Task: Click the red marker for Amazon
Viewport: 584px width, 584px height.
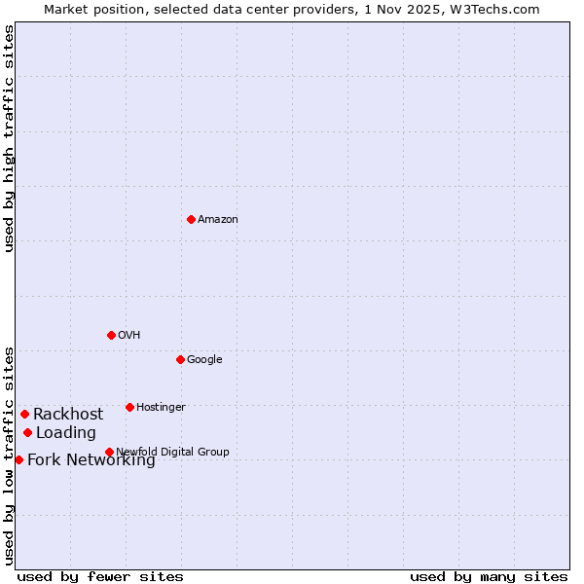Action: point(191,219)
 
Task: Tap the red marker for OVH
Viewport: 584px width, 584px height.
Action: point(111,335)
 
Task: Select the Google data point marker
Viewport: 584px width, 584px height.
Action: point(180,359)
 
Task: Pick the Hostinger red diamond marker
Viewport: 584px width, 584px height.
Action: point(129,407)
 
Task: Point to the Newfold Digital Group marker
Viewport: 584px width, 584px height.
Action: point(109,452)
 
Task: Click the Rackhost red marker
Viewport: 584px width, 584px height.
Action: point(24,414)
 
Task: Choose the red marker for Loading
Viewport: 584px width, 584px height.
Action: point(27,432)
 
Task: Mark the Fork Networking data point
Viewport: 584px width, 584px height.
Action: point(18,459)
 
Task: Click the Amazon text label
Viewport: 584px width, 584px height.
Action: point(218,220)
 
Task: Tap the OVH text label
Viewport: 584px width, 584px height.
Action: point(129,336)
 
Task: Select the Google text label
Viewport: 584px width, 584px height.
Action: point(204,360)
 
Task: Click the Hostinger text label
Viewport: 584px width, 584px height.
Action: point(161,408)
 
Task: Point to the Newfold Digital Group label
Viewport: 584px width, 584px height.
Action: point(172,453)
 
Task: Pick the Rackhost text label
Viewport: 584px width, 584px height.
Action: point(68,415)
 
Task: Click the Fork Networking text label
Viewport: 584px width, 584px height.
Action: point(91,460)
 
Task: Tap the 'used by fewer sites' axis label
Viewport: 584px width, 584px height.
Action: point(100,576)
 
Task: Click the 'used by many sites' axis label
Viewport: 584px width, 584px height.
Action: point(489,576)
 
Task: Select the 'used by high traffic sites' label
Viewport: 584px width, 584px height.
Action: point(9,138)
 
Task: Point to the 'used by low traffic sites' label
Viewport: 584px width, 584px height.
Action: point(9,455)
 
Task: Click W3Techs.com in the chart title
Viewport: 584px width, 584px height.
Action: point(495,9)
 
